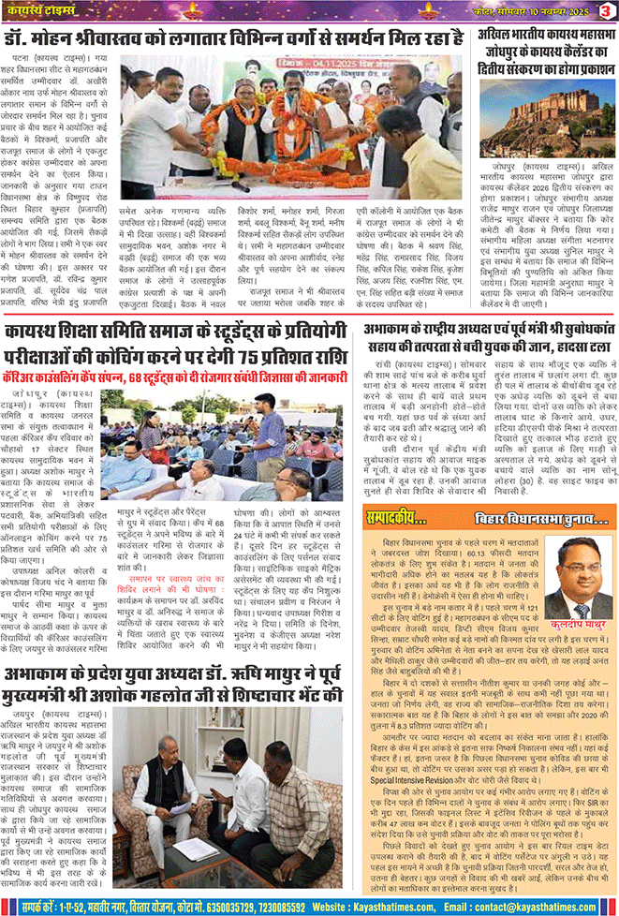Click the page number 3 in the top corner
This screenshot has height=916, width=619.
(607, 9)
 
